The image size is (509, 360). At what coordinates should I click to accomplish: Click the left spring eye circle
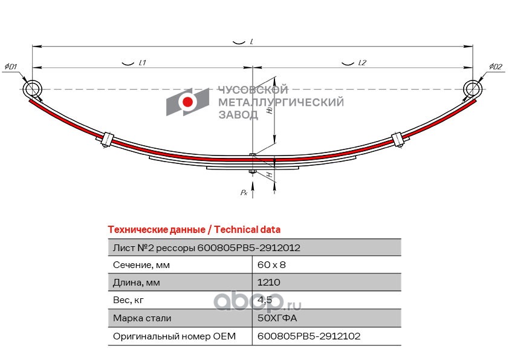click(33, 89)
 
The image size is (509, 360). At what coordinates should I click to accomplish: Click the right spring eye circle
click(473, 89)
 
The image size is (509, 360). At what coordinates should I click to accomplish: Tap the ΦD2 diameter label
click(495, 67)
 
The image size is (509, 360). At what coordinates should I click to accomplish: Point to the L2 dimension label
click(362, 63)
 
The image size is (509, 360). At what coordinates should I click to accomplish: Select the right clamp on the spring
click(398, 139)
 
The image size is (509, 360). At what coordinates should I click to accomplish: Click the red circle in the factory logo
click(188, 102)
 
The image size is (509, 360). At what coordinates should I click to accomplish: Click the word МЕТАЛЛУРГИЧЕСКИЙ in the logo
click(280, 102)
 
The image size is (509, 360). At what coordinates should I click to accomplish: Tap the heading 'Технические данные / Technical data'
click(193, 230)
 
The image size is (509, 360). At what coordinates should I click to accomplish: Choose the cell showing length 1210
click(269, 283)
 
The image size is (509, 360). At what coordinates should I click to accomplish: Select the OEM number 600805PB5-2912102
click(308, 336)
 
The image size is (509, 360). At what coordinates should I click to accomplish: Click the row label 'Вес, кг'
click(129, 300)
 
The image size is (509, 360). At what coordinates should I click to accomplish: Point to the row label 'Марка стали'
click(142, 318)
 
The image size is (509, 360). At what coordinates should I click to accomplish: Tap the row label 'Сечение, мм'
click(141, 265)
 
